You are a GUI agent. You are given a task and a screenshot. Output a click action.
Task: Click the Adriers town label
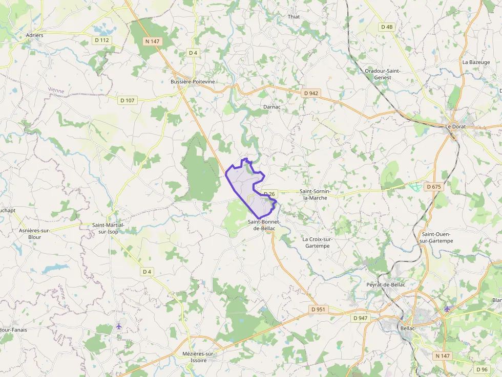click(x=34, y=35)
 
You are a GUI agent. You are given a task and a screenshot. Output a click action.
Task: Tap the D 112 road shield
click(x=102, y=40)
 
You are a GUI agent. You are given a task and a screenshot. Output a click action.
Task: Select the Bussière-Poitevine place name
click(x=193, y=81)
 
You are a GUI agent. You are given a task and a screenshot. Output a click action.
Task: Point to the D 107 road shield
click(x=127, y=100)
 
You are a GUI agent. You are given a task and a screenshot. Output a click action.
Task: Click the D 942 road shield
click(x=311, y=93)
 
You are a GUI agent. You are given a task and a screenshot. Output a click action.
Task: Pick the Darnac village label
click(x=271, y=107)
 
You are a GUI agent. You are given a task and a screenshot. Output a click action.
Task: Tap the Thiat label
click(x=294, y=17)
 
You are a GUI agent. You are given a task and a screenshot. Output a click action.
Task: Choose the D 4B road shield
click(x=387, y=27)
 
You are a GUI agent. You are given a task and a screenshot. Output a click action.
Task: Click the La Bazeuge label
click(x=476, y=62)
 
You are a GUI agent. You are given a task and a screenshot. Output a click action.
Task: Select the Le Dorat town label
click(x=455, y=126)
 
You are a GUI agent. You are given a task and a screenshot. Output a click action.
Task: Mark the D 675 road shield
click(x=433, y=187)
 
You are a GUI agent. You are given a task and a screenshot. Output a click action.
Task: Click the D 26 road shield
click(x=269, y=194)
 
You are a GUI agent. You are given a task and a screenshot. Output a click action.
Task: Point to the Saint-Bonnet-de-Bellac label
click(x=264, y=225)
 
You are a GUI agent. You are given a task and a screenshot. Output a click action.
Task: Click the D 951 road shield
click(x=318, y=309)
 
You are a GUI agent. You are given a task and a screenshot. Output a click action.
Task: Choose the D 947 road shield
click(x=361, y=318)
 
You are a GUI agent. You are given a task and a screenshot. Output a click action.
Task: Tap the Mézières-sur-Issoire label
click(x=199, y=357)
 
